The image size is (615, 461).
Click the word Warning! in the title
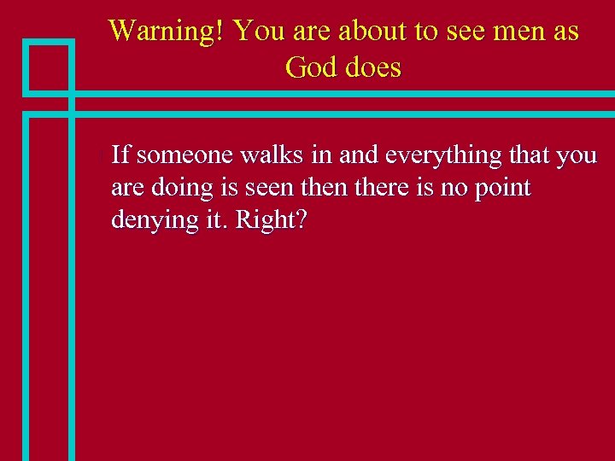pos(167,32)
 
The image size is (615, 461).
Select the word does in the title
pos(373,67)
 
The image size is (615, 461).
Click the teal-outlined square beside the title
pos(49,66)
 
